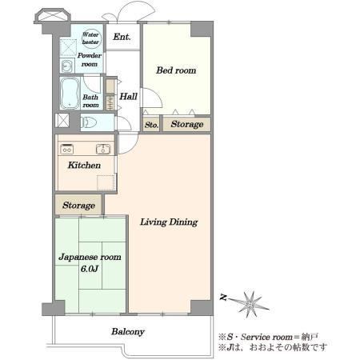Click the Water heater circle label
[x=91, y=38]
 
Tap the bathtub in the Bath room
[x=70, y=94]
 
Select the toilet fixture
[x=89, y=122]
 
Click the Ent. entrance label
[x=122, y=37]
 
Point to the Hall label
[x=128, y=96]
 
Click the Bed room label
[x=176, y=70]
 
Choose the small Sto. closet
[x=151, y=124]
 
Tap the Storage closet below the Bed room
[x=186, y=124]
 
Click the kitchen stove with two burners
[x=67, y=150]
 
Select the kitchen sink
[x=103, y=149]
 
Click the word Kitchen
[x=84, y=166]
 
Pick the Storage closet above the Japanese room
[x=78, y=205]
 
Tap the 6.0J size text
[x=90, y=269]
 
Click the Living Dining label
[x=169, y=222]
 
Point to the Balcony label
[x=128, y=332]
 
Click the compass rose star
[x=250, y=304]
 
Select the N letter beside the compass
[x=223, y=297]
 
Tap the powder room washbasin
[x=67, y=66]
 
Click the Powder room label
[x=90, y=60]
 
